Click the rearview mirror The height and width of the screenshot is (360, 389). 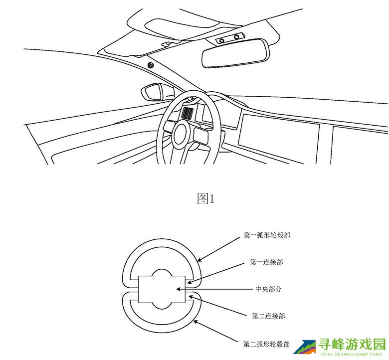coord(236,53)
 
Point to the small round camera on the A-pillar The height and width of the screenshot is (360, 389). coord(150,65)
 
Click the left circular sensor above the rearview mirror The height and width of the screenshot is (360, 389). coord(222,41)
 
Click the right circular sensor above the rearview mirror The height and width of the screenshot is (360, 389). coord(236,37)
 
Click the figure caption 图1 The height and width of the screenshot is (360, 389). coord(205,199)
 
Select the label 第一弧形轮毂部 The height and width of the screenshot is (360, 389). coord(267,235)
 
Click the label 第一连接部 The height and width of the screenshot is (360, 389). coord(266,262)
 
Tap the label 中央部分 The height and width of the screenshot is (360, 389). coord(269,289)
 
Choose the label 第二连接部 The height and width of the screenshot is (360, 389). coord(268,316)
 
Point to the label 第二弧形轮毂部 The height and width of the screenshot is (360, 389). coord(266,344)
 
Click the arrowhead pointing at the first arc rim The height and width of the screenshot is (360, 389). coord(199,259)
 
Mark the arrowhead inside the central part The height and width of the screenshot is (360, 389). coord(179,289)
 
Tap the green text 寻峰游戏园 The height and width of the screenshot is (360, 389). coord(352,344)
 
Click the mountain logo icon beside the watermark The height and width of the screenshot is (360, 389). coord(304,347)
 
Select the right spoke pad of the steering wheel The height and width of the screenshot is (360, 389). coord(201,135)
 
